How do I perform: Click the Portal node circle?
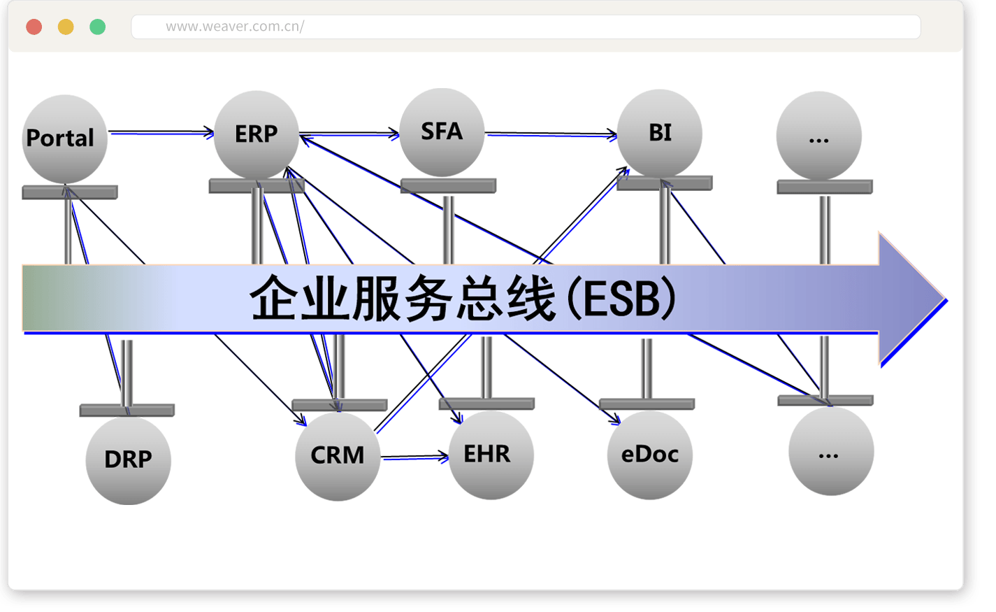tap(64, 138)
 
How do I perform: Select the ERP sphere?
tap(256, 134)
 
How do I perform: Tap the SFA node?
tap(442, 132)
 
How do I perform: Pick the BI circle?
tap(659, 133)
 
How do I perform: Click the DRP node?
tap(128, 460)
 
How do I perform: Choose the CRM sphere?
tap(338, 456)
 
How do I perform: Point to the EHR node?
tap(491, 455)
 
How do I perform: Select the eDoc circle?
tap(649, 455)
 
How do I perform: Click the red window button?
tap(34, 27)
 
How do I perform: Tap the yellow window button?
tap(66, 27)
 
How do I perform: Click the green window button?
tap(98, 27)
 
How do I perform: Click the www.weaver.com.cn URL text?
tap(234, 27)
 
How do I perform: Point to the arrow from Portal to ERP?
tap(161, 132)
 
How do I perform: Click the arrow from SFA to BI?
tap(551, 134)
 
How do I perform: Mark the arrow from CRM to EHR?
tap(414, 457)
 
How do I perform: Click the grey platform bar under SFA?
tap(448, 186)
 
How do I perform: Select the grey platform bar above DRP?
tap(127, 411)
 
